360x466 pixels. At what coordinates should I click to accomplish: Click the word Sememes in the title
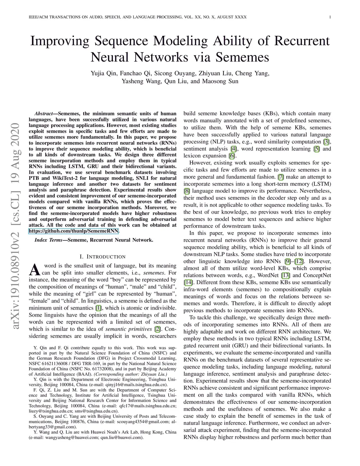[x=242, y=57]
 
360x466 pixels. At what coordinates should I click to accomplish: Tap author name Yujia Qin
[x=103, y=74]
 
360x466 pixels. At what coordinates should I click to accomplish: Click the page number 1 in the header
[x=330, y=17]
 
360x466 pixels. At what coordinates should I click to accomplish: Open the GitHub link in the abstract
[x=74, y=231]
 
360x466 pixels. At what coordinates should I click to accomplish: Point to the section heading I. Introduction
[x=103, y=257]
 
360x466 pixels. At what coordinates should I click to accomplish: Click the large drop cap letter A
[x=34, y=270]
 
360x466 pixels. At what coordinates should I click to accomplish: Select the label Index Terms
[x=48, y=240]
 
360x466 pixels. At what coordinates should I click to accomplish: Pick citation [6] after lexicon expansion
[x=232, y=156]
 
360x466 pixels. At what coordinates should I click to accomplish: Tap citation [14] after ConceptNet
[x=188, y=282]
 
